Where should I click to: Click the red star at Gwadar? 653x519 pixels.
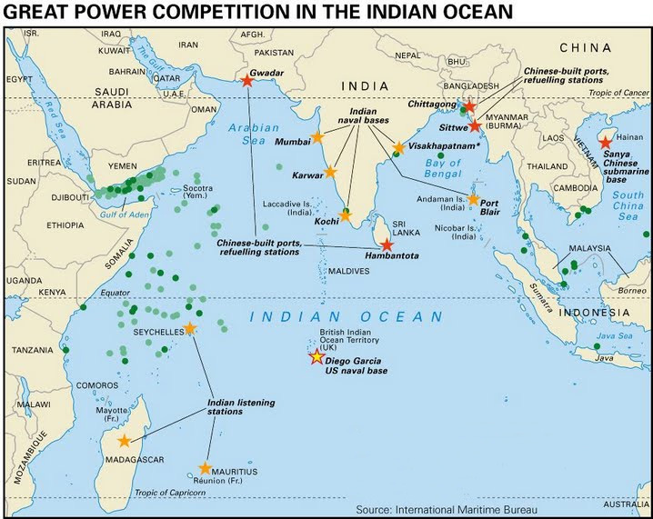pos(247,80)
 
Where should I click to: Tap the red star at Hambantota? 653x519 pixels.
pos(387,245)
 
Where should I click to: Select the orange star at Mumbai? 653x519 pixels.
pos(317,138)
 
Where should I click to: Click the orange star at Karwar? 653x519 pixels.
pos(330,172)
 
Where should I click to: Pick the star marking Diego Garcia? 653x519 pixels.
pos(316,357)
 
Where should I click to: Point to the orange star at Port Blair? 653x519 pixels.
pos(473,199)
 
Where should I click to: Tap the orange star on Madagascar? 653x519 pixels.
pos(124,441)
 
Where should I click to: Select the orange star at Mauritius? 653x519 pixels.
pos(205,469)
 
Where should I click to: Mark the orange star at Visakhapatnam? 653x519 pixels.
pos(398,147)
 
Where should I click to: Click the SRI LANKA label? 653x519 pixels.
pos(405,226)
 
